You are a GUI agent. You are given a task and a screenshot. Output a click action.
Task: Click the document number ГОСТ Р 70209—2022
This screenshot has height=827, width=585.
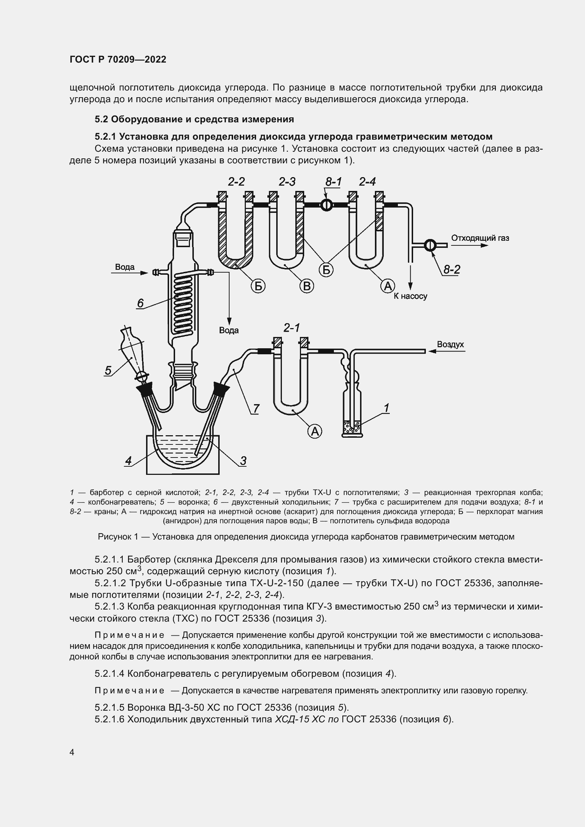(118, 59)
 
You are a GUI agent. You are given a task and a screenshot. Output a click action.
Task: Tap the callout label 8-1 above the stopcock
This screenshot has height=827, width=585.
(333, 182)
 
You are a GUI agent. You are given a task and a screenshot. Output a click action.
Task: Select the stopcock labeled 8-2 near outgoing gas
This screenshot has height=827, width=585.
(430, 245)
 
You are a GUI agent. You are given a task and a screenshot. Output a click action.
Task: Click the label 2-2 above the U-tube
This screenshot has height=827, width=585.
(236, 181)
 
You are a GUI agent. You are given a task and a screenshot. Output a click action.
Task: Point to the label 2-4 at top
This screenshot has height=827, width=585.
(367, 181)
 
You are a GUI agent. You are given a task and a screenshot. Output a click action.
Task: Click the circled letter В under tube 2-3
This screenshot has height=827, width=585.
(307, 286)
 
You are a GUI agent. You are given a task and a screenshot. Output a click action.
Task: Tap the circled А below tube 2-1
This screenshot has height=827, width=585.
(315, 431)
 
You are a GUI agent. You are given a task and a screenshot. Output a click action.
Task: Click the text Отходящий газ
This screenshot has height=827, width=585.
(480, 238)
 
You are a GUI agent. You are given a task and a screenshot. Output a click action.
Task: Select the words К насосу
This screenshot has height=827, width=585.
(410, 296)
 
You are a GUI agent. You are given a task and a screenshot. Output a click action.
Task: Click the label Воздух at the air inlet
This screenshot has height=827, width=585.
(450, 344)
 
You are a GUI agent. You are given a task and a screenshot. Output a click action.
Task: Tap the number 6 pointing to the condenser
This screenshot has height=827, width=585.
(140, 303)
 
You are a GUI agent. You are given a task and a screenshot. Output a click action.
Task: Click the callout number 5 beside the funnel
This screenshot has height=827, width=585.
(108, 370)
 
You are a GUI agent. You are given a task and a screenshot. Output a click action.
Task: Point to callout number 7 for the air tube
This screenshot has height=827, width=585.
(256, 409)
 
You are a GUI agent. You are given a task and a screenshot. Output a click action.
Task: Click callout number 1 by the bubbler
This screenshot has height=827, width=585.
(386, 408)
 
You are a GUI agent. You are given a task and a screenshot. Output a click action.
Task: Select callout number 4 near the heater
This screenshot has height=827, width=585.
(128, 461)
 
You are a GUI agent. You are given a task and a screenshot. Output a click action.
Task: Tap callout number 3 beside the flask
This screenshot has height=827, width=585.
(243, 461)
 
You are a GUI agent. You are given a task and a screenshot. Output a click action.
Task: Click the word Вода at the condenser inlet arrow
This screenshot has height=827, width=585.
(124, 267)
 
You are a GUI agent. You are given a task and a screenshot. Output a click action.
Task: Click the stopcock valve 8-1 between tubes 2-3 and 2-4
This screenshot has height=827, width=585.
(326, 205)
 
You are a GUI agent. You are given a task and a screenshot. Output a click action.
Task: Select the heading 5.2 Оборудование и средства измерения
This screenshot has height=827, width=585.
(194, 119)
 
